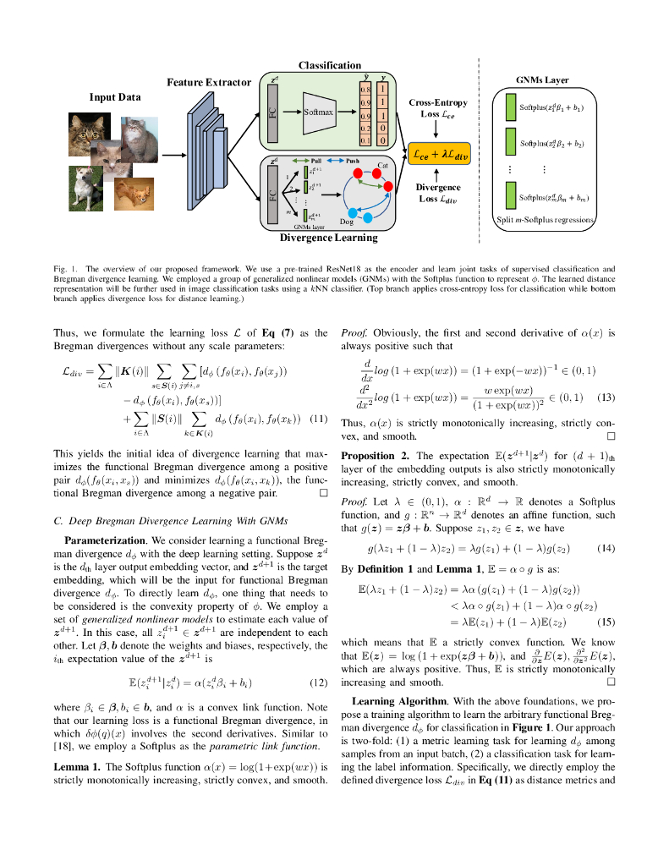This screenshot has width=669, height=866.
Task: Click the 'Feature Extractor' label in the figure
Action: (209, 82)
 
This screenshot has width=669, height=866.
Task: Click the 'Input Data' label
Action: (115, 97)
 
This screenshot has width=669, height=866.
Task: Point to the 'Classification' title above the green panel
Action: (330, 66)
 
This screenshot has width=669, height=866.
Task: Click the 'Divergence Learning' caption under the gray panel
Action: (329, 238)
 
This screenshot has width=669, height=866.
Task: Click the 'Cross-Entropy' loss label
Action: (437, 102)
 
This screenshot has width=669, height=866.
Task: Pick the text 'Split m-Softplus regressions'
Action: (546, 220)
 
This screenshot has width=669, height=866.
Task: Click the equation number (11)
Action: (317, 419)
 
